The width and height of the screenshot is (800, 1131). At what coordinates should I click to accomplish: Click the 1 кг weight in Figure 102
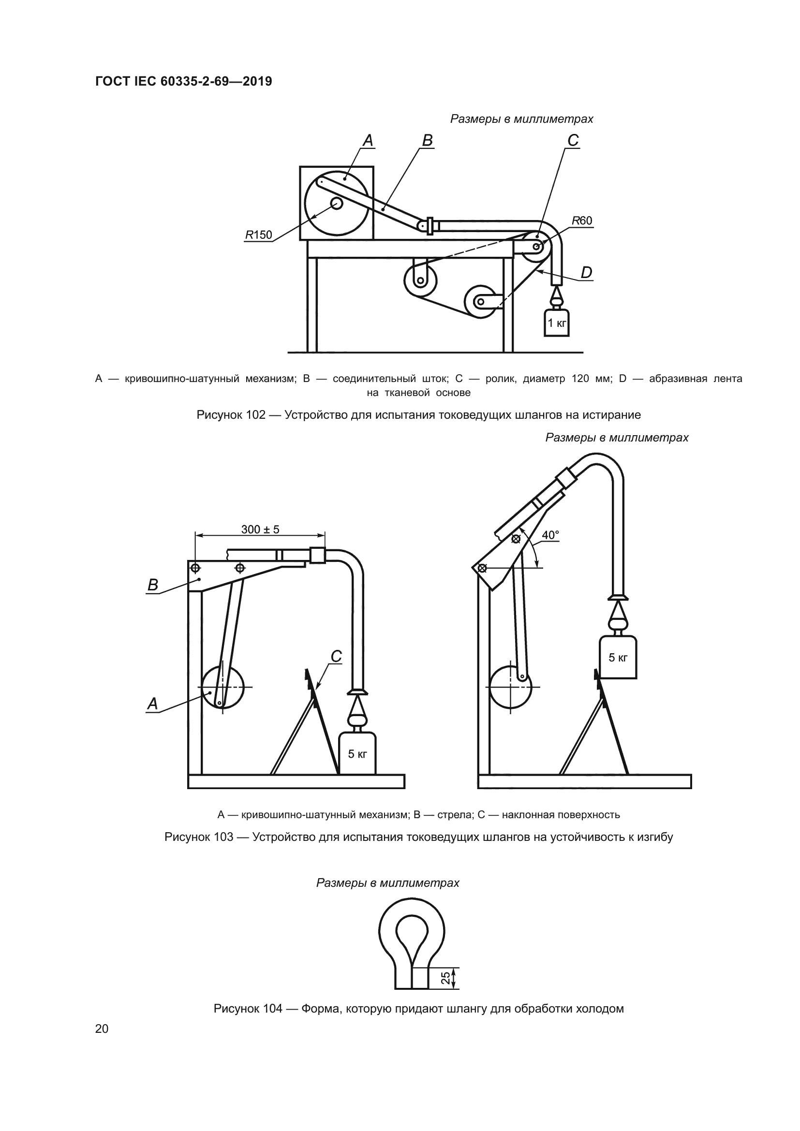(x=557, y=323)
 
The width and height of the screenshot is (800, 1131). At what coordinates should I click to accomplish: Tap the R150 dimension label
(x=259, y=235)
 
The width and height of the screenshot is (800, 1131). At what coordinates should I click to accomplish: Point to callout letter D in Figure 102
(x=586, y=273)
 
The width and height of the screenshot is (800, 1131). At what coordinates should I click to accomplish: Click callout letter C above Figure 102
(x=573, y=141)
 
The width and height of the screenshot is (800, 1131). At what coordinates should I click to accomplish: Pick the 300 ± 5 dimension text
(x=260, y=529)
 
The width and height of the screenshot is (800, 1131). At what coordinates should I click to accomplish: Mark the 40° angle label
(x=550, y=535)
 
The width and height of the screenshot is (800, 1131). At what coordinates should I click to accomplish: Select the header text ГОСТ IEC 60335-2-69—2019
(x=184, y=81)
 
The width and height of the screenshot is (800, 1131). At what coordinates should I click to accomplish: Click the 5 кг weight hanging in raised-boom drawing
(x=618, y=658)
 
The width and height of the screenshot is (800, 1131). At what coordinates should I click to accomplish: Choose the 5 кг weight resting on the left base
(x=357, y=754)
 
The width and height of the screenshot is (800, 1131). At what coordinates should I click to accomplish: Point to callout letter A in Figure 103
(x=153, y=704)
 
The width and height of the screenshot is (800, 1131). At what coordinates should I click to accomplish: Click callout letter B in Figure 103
(x=153, y=585)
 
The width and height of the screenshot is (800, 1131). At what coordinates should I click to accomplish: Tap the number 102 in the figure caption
(x=256, y=415)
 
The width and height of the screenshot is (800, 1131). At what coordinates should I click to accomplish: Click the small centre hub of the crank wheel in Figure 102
(x=337, y=204)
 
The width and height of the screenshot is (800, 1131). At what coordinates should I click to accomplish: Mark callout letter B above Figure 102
(x=428, y=141)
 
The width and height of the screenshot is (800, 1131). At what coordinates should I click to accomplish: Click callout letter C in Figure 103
(x=336, y=657)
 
